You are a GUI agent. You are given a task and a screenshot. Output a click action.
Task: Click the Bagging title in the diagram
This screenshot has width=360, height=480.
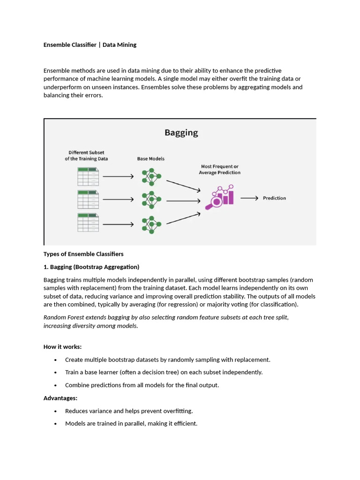pyautogui.click(x=181, y=133)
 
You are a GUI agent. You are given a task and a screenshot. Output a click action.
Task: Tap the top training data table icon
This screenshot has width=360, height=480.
pyautogui.click(x=88, y=176)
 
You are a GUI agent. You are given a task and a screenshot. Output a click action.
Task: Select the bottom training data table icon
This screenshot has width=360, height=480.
pyautogui.click(x=88, y=223)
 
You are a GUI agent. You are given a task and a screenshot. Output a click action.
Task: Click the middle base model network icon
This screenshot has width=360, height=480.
pyautogui.click(x=151, y=200)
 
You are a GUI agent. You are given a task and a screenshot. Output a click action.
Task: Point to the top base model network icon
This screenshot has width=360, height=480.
pyautogui.click(x=151, y=176)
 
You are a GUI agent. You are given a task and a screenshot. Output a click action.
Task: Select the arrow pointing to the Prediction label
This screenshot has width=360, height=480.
pyautogui.click(x=249, y=198)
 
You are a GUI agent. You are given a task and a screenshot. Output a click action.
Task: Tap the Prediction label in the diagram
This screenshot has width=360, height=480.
pyautogui.click(x=274, y=198)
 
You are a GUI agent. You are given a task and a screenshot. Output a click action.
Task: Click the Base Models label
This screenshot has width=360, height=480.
pyautogui.click(x=151, y=159)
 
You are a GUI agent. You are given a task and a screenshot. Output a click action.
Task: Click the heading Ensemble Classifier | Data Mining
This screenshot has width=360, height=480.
pyautogui.click(x=90, y=45)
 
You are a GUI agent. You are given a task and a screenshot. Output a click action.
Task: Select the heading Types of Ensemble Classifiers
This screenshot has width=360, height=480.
pyautogui.click(x=83, y=254)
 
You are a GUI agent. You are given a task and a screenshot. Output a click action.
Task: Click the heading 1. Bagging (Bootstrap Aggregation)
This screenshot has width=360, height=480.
pyautogui.click(x=91, y=267)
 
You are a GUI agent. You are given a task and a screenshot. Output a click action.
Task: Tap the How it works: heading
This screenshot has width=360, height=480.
pyautogui.click(x=62, y=347)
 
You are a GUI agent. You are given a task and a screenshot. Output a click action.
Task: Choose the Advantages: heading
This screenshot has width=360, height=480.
pyautogui.click(x=60, y=398)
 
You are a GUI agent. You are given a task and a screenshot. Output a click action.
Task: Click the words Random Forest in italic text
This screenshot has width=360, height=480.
pyautogui.click(x=63, y=317)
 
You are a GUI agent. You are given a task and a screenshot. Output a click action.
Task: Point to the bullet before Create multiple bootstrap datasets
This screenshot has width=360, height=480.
pyautogui.click(x=55, y=360)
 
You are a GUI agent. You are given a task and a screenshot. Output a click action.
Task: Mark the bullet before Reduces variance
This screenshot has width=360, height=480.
pyautogui.click(x=55, y=411)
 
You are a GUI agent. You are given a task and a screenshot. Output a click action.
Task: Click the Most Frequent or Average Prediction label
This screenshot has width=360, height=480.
pyautogui.click(x=220, y=169)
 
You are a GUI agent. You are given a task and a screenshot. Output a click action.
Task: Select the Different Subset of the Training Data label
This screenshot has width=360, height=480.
pyautogui.click(x=86, y=156)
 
